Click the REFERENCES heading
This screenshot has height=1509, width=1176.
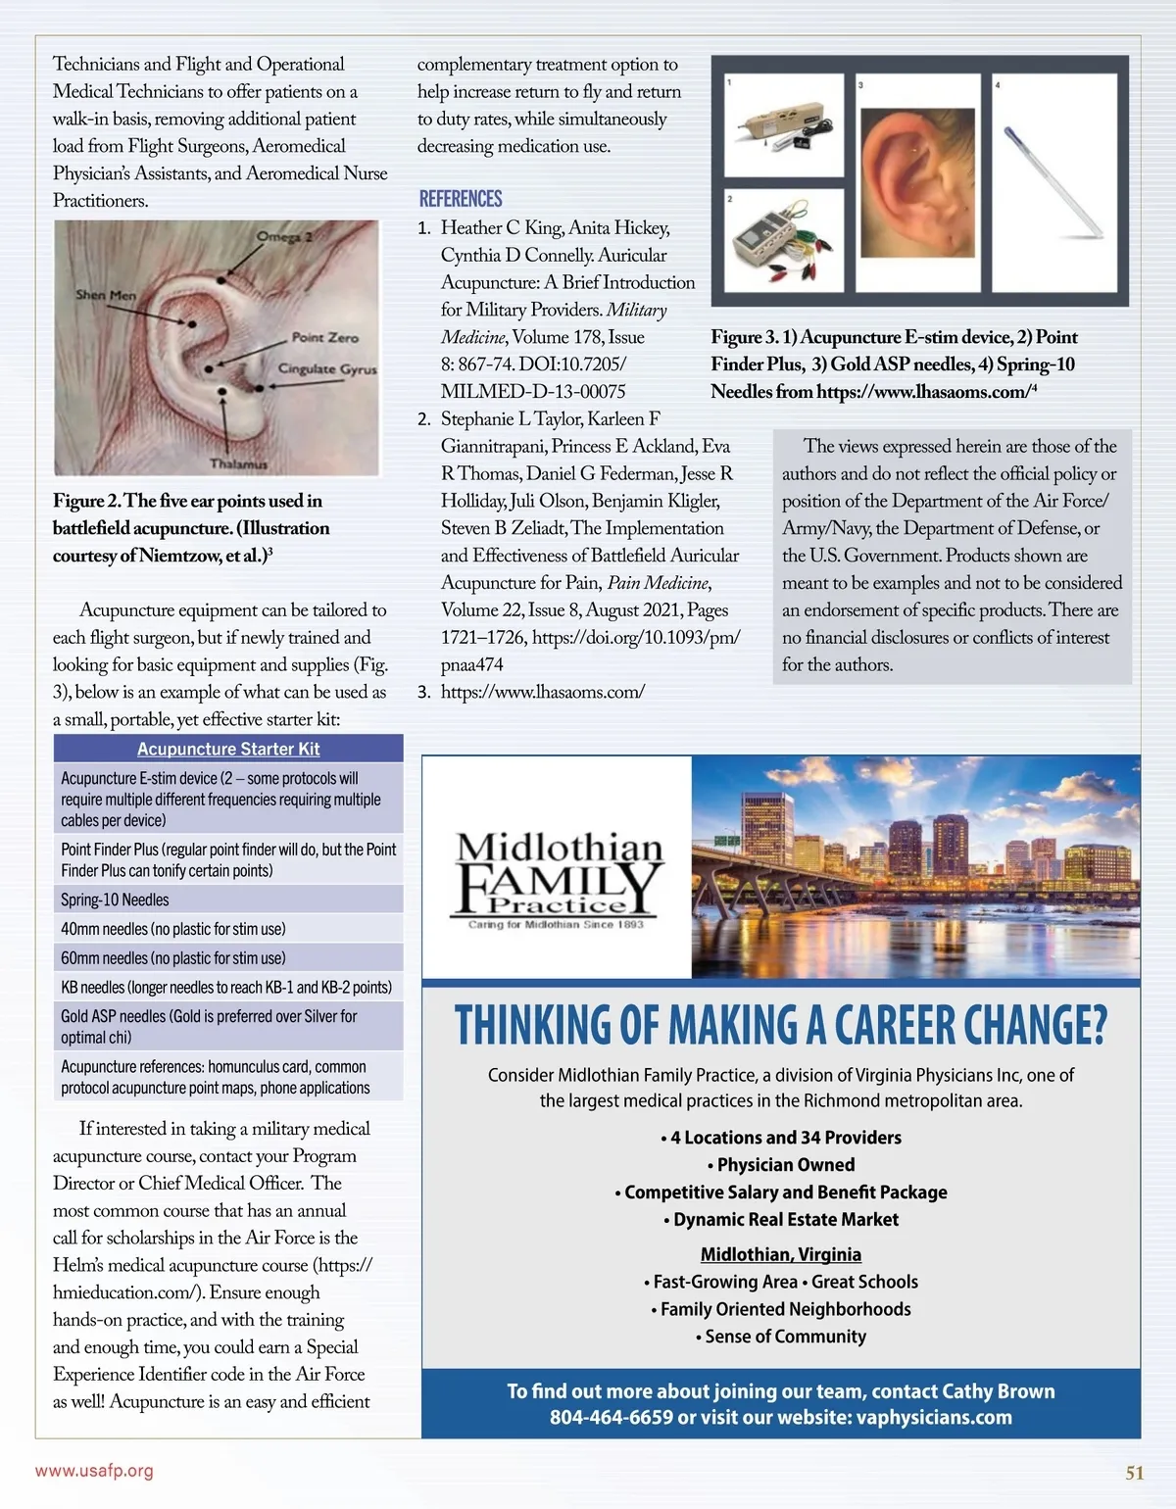tap(461, 199)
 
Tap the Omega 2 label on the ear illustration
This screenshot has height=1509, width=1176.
tap(284, 237)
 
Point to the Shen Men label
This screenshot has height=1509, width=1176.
tap(106, 295)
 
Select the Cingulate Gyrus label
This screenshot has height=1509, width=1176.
tap(327, 369)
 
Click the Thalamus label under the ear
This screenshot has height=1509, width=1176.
tap(238, 463)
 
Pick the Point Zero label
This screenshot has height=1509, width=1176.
tap(324, 337)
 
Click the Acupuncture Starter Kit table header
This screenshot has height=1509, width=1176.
tap(228, 749)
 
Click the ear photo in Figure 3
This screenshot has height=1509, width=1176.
tap(918, 182)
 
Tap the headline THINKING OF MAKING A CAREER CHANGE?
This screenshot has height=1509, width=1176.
tap(781, 1026)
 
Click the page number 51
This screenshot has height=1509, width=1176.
tap(1135, 1473)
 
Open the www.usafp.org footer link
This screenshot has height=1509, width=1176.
tap(94, 1471)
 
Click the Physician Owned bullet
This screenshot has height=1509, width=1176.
tap(781, 1165)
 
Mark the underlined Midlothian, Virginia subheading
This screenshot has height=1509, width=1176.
tap(781, 1254)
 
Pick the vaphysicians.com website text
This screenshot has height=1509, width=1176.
tap(934, 1418)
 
